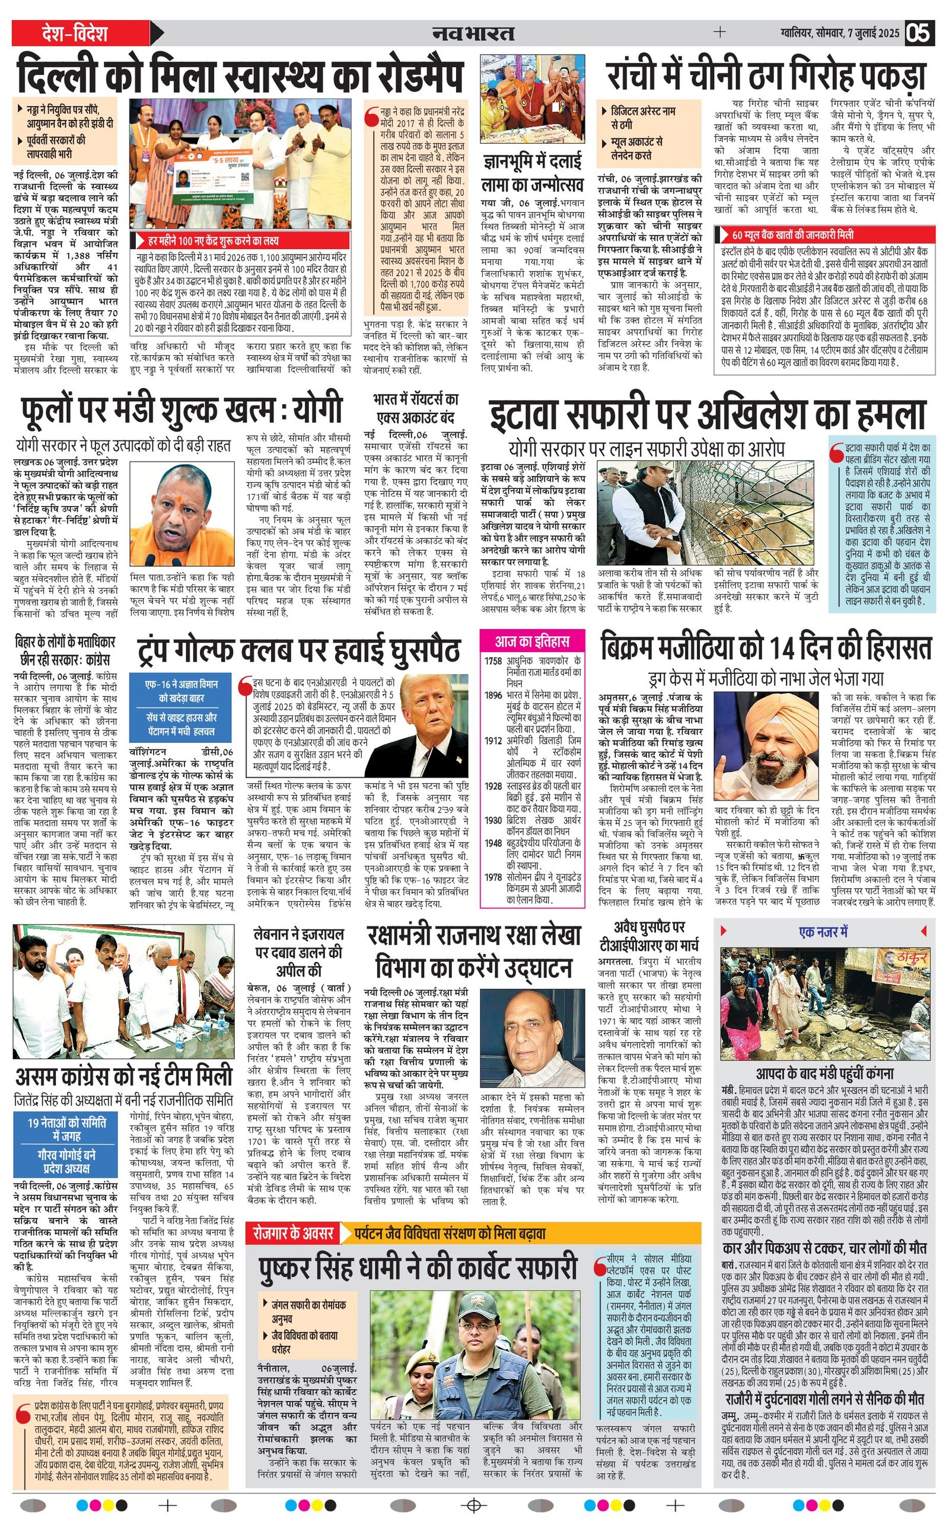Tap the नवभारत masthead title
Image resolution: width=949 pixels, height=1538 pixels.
474,33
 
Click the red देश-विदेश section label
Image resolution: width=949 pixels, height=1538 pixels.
82,33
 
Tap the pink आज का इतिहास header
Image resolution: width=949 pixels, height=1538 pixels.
532,641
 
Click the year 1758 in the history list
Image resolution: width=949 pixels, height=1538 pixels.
493,661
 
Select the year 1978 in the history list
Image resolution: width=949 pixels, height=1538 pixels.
493,878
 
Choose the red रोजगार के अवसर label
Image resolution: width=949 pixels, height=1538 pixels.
292,1234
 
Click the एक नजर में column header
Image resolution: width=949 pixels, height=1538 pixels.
823,932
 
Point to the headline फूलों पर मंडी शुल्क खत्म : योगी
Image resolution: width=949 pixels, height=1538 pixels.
182,411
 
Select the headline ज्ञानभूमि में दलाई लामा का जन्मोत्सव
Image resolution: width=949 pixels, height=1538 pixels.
532,173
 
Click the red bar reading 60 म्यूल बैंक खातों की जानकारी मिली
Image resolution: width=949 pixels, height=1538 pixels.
792,235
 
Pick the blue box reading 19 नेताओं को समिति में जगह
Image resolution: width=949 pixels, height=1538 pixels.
66,1129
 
